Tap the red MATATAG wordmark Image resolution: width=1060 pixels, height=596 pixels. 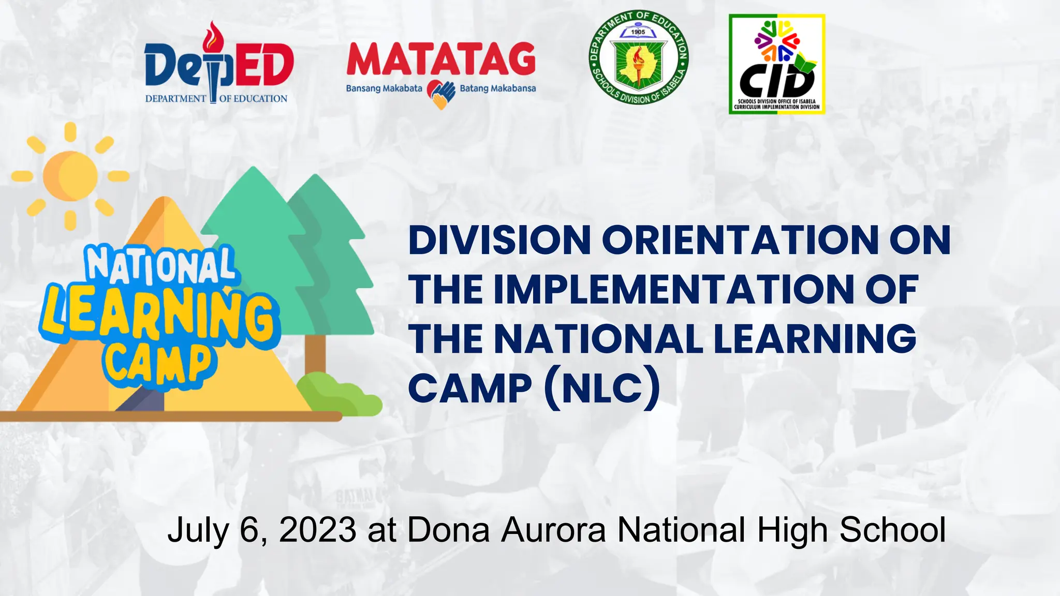click(441, 59)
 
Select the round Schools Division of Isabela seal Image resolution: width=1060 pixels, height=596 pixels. click(639, 57)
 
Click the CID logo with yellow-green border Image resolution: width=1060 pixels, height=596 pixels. click(776, 64)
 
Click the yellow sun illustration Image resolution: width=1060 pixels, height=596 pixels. click(70, 176)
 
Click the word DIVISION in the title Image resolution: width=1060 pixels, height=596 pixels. click(499, 241)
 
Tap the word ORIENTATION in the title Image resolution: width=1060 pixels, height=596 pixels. click(740, 241)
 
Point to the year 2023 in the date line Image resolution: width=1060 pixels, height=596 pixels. click(317, 530)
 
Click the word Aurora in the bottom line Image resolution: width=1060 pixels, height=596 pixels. click(553, 530)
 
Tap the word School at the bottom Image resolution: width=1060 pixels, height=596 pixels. click(892, 530)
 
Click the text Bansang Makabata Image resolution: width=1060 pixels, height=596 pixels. click(384, 88)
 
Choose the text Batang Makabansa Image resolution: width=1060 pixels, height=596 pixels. click(497, 88)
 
